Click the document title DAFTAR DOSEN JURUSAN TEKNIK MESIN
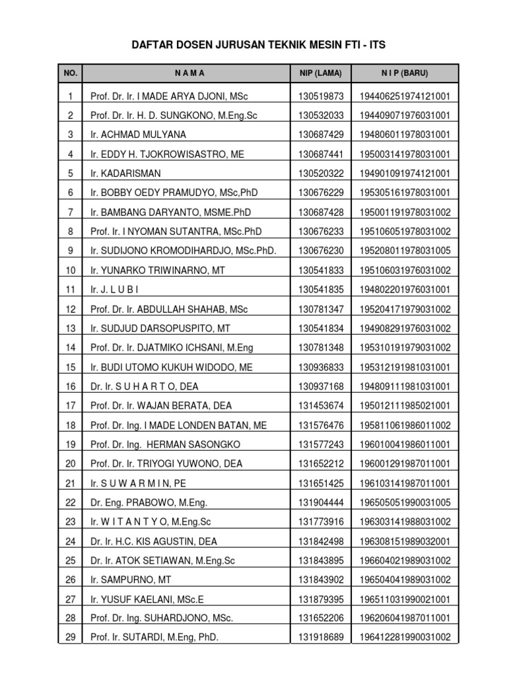[x=253, y=45]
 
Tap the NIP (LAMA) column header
[x=321, y=73]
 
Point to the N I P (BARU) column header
[x=404, y=73]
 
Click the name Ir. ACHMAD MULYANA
[x=139, y=135]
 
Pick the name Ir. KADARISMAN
[x=125, y=174]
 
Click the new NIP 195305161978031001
[x=405, y=193]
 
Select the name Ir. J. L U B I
[x=115, y=290]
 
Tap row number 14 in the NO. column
[x=71, y=348]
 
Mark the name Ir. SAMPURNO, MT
[x=131, y=580]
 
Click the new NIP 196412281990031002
[x=405, y=638]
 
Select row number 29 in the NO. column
[x=71, y=638]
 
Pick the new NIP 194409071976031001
[x=405, y=116]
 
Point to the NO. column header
[x=71, y=73]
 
